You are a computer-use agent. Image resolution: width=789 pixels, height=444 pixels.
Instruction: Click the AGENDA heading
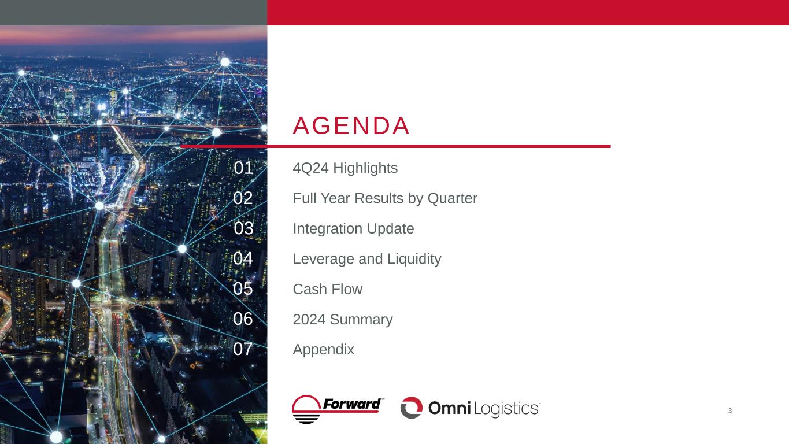pyautogui.click(x=351, y=126)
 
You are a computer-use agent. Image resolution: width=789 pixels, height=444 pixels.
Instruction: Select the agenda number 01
pyautogui.click(x=243, y=168)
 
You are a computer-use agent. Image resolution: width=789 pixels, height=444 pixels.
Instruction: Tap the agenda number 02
pyautogui.click(x=243, y=198)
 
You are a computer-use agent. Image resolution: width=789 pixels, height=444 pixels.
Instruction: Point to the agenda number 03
pyautogui.click(x=243, y=228)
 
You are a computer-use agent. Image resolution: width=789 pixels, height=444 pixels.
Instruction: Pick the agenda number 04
pyautogui.click(x=243, y=258)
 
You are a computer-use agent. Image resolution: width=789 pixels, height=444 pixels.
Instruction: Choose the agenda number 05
pyautogui.click(x=243, y=289)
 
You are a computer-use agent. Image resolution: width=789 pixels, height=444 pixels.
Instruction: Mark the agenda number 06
pyautogui.click(x=243, y=319)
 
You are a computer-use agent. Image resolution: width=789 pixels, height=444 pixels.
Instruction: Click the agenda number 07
pyautogui.click(x=243, y=349)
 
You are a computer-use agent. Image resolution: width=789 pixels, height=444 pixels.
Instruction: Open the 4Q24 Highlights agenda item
pyautogui.click(x=345, y=168)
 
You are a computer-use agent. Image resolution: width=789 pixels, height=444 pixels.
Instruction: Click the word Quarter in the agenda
pyautogui.click(x=453, y=198)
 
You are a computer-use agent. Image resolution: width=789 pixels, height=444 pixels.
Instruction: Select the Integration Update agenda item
pyautogui.click(x=353, y=229)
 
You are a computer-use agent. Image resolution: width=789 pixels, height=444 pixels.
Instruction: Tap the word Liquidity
pyautogui.click(x=414, y=260)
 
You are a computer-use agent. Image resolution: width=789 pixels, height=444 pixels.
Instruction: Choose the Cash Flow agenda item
pyautogui.click(x=328, y=289)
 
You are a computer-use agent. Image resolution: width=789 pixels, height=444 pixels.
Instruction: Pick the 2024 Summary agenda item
pyautogui.click(x=343, y=320)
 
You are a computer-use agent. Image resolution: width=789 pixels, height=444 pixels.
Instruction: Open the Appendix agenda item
pyautogui.click(x=323, y=350)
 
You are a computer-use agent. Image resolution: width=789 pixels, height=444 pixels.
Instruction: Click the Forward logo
pyautogui.click(x=338, y=409)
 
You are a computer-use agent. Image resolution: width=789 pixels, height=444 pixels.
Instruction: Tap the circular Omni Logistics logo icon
pyautogui.click(x=412, y=408)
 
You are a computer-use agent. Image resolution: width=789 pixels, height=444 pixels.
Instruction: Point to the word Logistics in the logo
pyautogui.click(x=506, y=409)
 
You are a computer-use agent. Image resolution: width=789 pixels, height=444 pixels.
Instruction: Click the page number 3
pyautogui.click(x=730, y=410)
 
